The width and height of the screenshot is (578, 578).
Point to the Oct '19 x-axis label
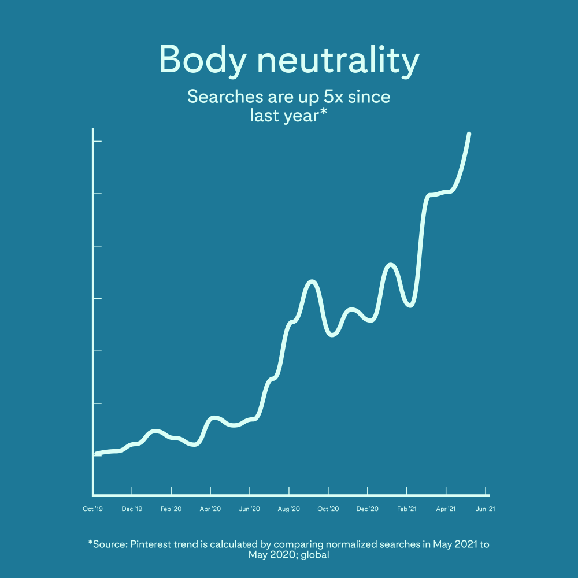pos(92,509)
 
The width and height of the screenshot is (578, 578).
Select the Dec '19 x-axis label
pos(132,509)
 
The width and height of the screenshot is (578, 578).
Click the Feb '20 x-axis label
pos(171,509)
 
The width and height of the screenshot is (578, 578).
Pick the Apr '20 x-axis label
pos(210,509)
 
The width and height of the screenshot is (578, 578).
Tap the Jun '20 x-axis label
pos(249,509)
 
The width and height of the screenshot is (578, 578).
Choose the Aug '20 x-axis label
pos(288,509)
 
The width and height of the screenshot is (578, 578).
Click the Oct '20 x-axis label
pos(328,509)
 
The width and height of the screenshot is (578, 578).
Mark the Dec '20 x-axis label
pos(367,509)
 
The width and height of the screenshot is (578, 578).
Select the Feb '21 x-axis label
pos(406,509)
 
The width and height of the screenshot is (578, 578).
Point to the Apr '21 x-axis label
pos(446,509)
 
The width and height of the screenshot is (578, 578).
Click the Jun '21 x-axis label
pos(485,509)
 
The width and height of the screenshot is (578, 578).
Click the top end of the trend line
pos(469,134)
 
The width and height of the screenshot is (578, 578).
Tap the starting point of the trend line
pos(94,454)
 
